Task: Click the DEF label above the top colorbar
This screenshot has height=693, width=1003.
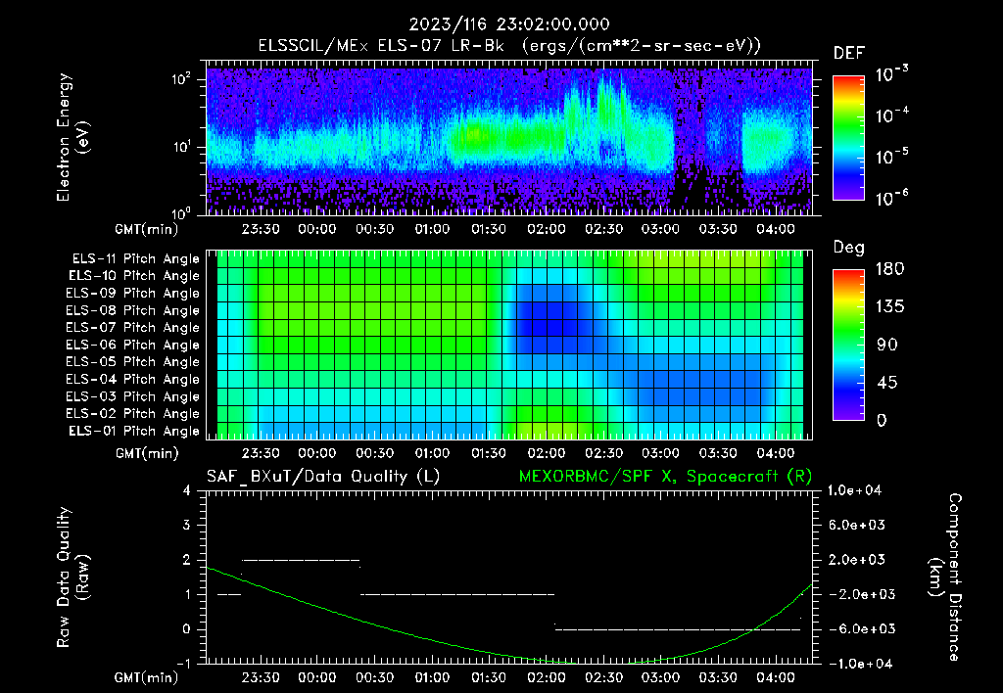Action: pyautogui.click(x=848, y=53)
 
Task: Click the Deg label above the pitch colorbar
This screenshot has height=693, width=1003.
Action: pyautogui.click(x=848, y=248)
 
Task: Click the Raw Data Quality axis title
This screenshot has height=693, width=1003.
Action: pyautogui.click(x=73, y=577)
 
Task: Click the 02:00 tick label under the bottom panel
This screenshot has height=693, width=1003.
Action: pyautogui.click(x=546, y=677)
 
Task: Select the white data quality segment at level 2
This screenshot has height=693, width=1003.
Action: pyautogui.click(x=301, y=560)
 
